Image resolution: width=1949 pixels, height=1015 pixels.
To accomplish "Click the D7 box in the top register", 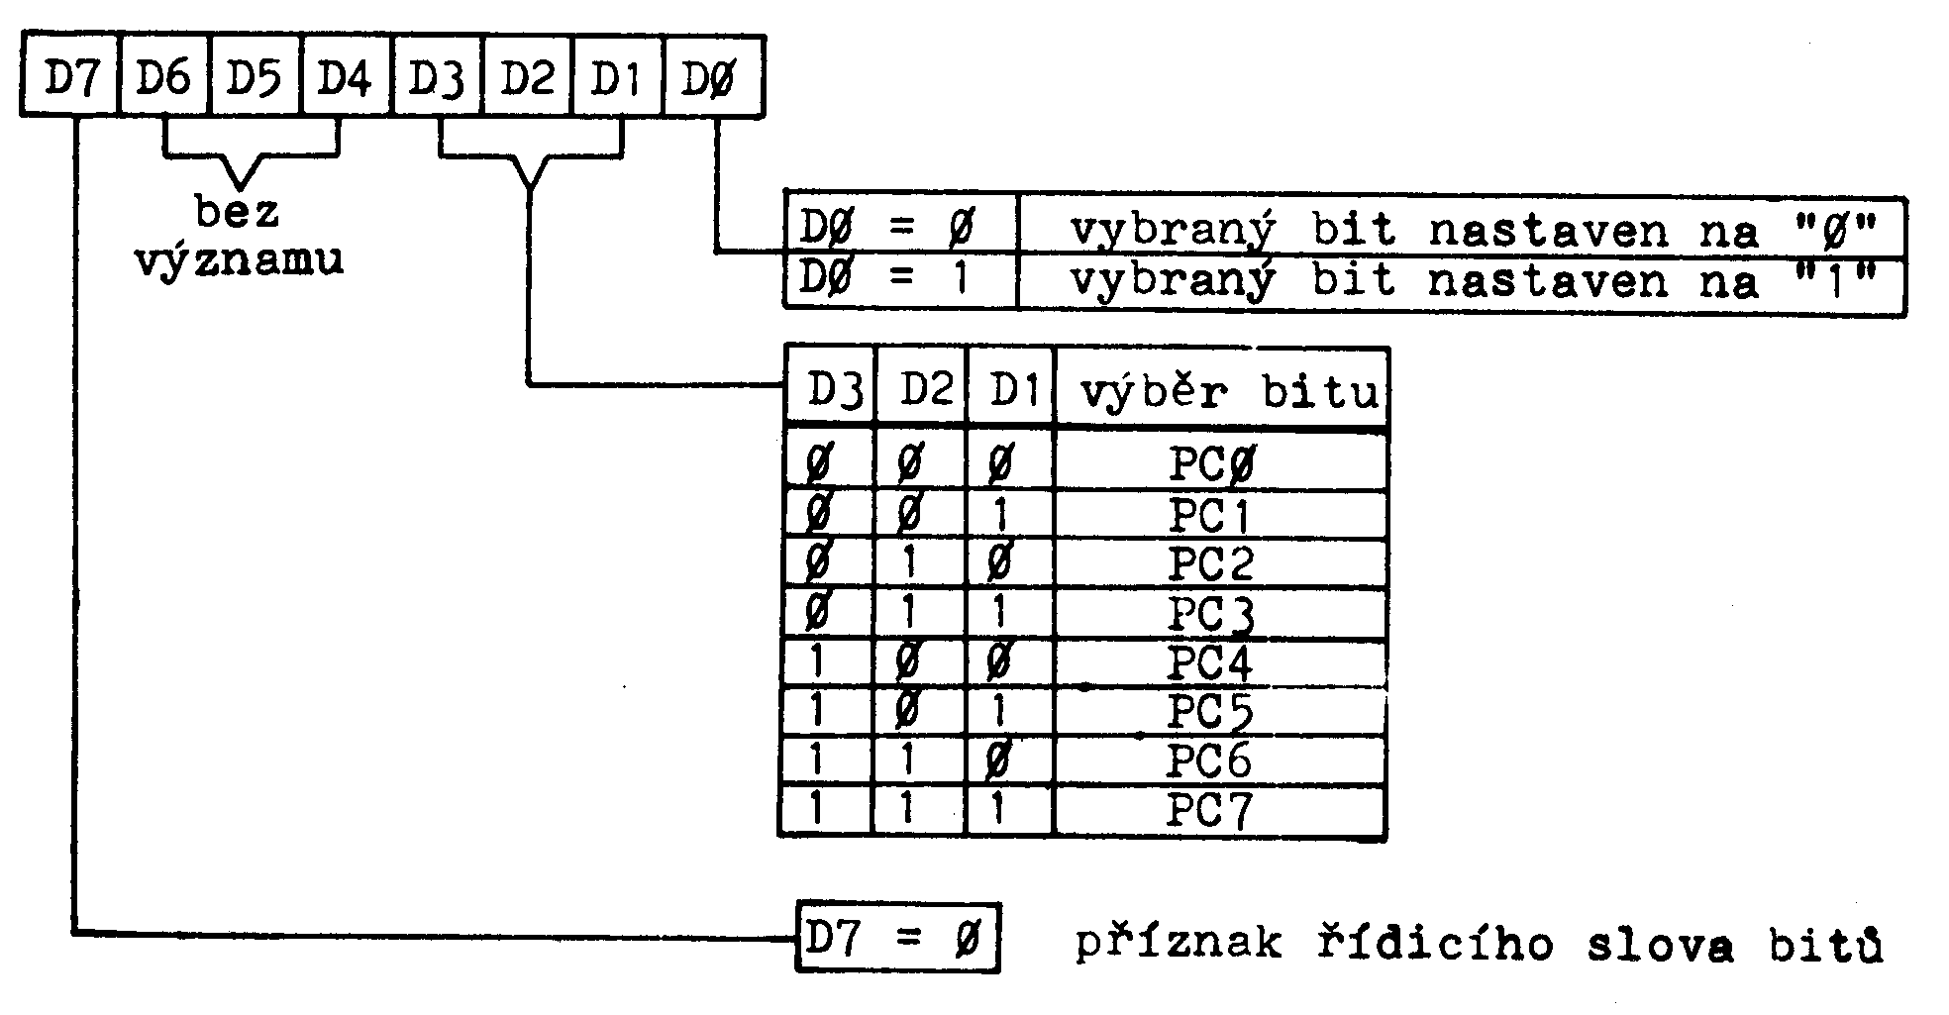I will (68, 77).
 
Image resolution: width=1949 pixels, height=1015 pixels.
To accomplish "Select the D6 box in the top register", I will (164, 77).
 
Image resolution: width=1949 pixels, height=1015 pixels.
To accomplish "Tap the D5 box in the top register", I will (254, 77).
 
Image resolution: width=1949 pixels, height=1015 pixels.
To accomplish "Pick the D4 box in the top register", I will (344, 77).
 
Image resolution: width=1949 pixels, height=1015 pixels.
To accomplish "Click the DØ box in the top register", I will (709, 77).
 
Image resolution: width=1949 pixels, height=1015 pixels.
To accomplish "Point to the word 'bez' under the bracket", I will (238, 211).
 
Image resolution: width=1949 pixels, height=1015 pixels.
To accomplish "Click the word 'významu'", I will (239, 259).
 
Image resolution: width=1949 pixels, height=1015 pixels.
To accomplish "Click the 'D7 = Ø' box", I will (896, 937).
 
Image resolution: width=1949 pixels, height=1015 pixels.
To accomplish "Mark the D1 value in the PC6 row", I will (1000, 761).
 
